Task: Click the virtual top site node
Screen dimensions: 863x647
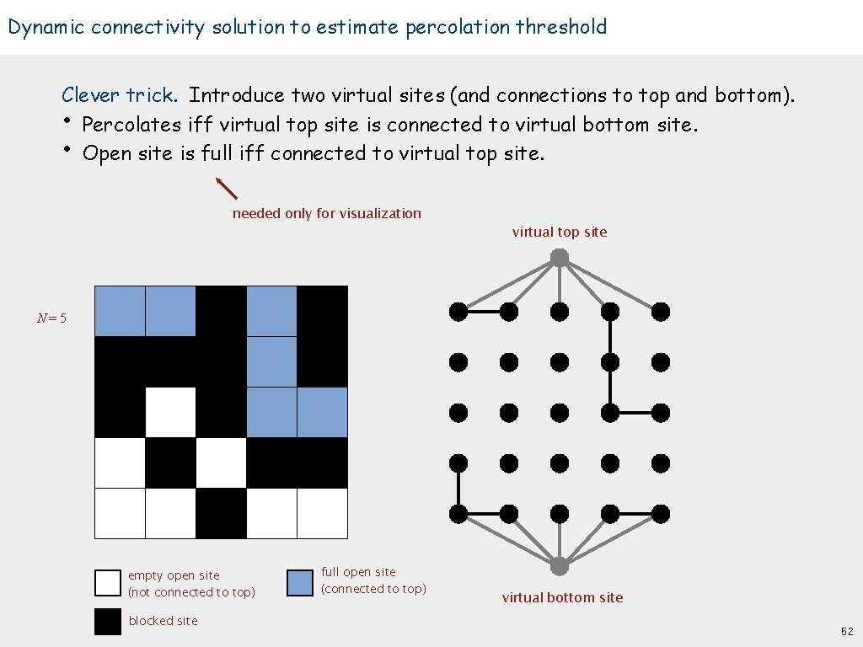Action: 560,258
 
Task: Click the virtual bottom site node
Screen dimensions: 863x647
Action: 560,564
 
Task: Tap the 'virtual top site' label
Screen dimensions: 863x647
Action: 559,232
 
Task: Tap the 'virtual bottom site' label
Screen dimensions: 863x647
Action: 562,597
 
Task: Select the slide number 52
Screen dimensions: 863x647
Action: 846,631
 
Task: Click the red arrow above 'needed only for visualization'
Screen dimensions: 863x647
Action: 227,188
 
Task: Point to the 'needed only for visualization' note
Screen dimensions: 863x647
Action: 326,213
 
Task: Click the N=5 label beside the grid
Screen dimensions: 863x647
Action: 51,318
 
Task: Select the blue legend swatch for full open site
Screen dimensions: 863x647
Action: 300,583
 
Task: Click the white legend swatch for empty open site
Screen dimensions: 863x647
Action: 108,583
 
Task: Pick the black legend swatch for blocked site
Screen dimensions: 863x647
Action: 108,622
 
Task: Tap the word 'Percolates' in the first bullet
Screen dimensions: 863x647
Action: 131,125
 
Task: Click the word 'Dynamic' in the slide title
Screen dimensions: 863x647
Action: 46,27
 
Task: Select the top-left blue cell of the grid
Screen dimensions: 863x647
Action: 120,312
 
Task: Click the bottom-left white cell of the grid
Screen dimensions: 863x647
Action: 120,513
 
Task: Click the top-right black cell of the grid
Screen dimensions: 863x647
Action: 322,312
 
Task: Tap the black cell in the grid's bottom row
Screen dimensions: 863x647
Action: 221,513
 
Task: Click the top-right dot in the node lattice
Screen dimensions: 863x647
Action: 661,312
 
